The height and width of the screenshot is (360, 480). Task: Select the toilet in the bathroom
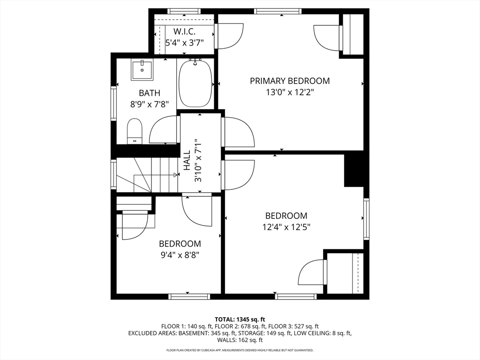point(135,131)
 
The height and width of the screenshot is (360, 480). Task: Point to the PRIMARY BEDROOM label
point(289,81)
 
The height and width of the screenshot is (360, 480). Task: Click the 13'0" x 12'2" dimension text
point(289,92)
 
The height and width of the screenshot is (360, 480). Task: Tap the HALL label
point(187,159)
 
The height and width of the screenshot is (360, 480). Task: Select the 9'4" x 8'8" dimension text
point(180,255)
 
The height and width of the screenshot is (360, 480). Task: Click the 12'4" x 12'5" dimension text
point(286,227)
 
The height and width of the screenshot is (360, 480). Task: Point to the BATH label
point(149,93)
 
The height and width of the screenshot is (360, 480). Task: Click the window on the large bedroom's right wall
point(367,219)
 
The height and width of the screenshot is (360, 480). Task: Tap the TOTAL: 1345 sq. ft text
point(240,318)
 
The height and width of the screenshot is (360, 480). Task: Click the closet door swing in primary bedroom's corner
point(327,37)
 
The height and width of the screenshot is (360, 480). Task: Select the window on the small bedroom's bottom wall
point(189,296)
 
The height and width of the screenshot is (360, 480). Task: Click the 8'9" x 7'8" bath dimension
point(149,104)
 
